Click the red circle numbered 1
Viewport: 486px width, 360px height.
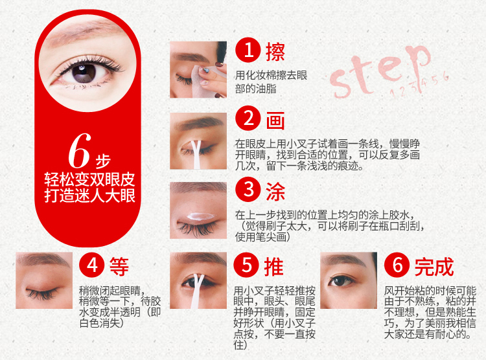pyautogui.click(x=248, y=50)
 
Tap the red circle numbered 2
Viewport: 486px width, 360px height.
pyautogui.click(x=248, y=118)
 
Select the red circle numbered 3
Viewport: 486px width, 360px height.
pyautogui.click(x=248, y=189)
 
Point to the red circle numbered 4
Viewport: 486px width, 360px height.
pyautogui.click(x=92, y=265)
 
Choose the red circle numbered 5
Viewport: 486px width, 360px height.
pyautogui.click(x=246, y=265)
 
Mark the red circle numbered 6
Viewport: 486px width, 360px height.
pyautogui.click(x=397, y=265)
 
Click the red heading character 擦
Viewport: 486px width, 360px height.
pyautogui.click(x=275, y=52)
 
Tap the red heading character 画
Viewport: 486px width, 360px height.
pyautogui.click(x=275, y=120)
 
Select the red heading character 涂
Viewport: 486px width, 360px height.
pyautogui.click(x=275, y=192)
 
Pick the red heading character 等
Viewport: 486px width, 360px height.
pyautogui.click(x=119, y=266)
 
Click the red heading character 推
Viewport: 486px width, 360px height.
pyautogui.click(x=273, y=266)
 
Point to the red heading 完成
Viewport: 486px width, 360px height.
pyautogui.click(x=434, y=267)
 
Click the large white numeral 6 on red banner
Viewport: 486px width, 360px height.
pyautogui.click(x=80, y=150)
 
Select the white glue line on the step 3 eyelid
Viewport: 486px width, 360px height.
pyautogui.click(x=201, y=216)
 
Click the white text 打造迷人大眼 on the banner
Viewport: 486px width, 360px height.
pyautogui.click(x=90, y=196)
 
